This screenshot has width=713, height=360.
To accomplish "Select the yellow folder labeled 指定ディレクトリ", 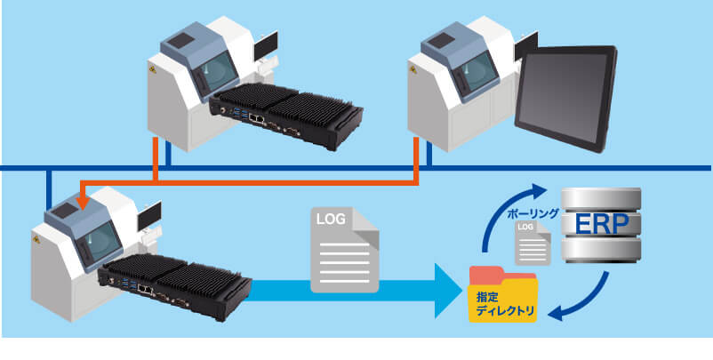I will pyautogui.click(x=504, y=298).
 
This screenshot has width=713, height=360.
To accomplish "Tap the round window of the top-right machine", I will pyautogui.click(x=478, y=68).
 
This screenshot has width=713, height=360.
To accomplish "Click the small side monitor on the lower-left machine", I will pyautogui.click(x=148, y=213).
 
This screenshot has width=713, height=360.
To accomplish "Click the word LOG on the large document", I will pyautogui.click(x=331, y=218).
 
